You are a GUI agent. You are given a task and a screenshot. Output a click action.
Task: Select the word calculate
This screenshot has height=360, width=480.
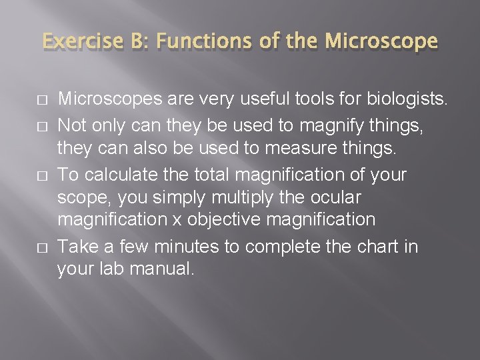(x=117, y=175)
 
